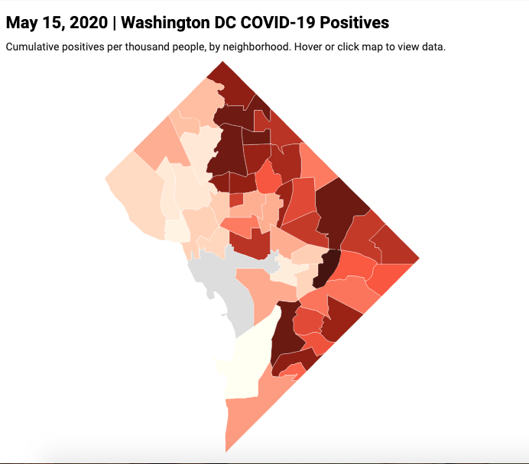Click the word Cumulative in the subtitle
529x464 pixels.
point(31,47)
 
